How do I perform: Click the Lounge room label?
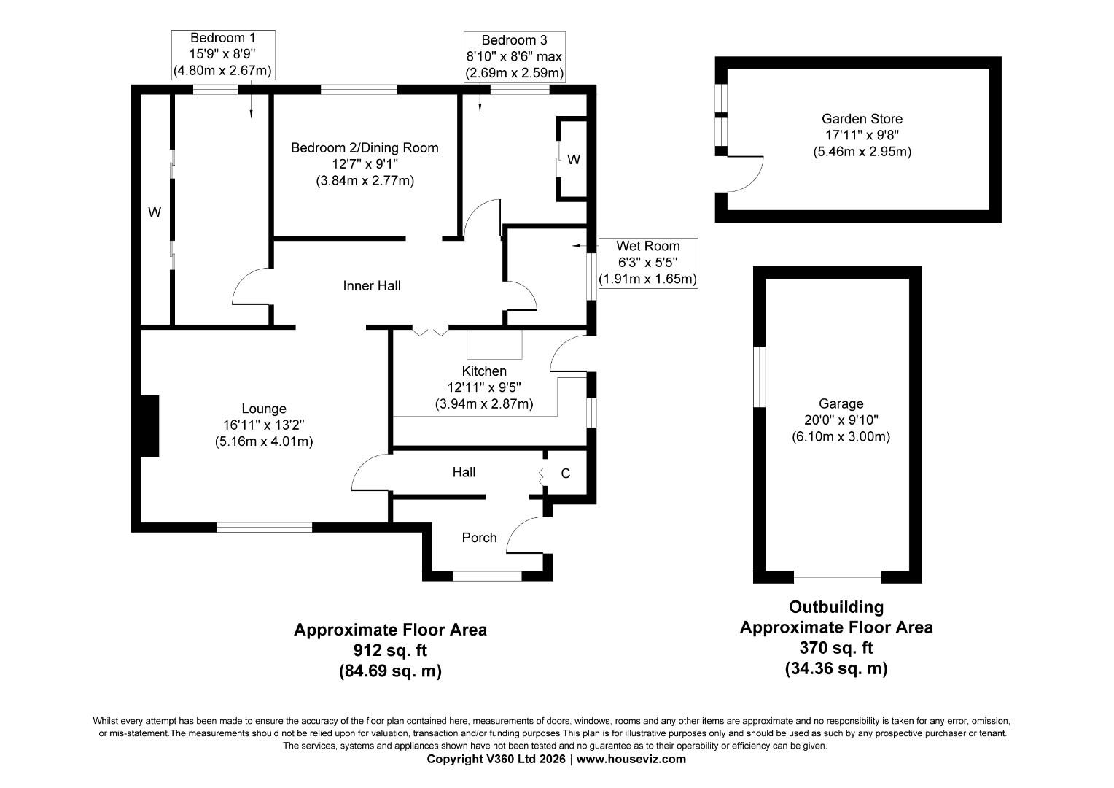tap(264, 409)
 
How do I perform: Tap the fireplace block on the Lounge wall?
tap(149, 426)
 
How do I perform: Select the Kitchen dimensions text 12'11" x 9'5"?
tap(483, 387)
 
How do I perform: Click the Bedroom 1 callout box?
tap(222, 55)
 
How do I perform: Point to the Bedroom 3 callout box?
tap(514, 56)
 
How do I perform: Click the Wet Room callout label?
tap(647, 246)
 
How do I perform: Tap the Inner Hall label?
tap(372, 286)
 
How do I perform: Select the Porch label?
tap(479, 538)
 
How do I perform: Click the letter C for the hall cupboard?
tap(565, 474)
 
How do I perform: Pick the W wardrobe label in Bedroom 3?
tap(574, 160)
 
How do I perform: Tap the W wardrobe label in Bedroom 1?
tap(154, 213)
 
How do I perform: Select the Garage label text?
tap(841, 403)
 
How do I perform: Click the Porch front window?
tap(487, 576)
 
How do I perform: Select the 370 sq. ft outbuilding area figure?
tap(835, 648)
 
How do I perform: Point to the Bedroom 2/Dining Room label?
tap(365, 148)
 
